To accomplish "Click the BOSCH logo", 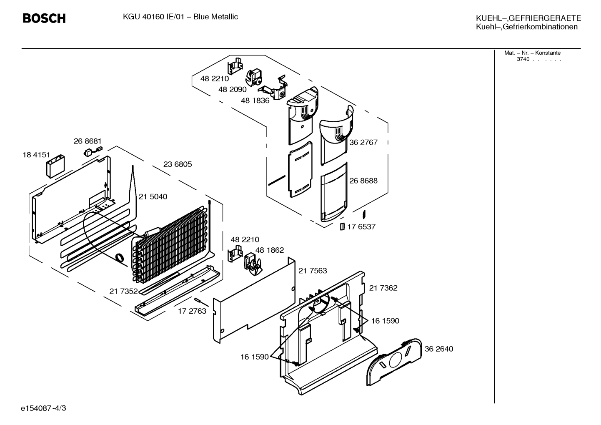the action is click(44, 18).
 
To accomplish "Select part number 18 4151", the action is click(36, 155).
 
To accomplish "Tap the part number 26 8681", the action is click(88, 141).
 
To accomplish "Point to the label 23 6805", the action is click(178, 164).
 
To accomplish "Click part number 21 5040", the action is click(153, 196).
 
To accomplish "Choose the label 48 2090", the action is click(232, 89).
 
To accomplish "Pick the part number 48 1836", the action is click(255, 101).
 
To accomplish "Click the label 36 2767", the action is click(363, 142).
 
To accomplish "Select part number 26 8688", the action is click(363, 181).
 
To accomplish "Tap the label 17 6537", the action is click(361, 227).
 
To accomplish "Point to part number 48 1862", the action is click(269, 250).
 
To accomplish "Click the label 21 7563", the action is click(313, 271).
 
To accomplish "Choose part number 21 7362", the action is click(383, 288).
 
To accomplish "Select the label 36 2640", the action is click(439, 349).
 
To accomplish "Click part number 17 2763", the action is click(192, 311).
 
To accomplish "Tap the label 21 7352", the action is click(123, 291).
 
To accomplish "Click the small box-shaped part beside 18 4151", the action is click(55, 166).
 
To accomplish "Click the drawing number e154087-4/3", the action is click(43, 408).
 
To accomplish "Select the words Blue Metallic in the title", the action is click(215, 17).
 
